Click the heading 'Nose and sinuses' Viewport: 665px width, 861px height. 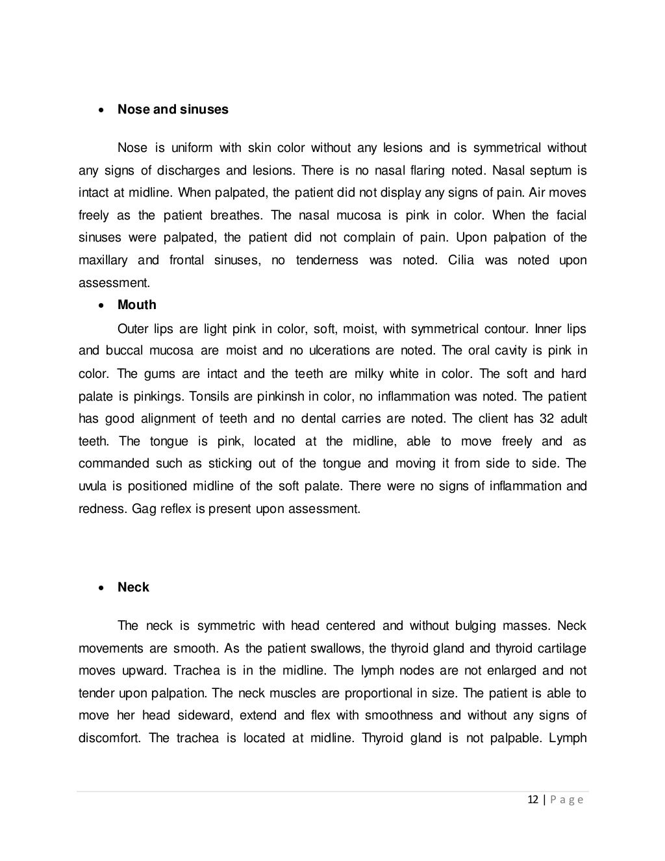coord(173,109)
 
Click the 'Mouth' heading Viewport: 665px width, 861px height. coord(136,305)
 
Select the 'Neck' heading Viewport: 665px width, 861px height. coord(133,587)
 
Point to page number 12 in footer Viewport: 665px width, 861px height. coord(533,800)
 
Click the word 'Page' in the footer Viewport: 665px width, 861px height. coord(566,800)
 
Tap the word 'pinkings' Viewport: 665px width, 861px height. coord(143,396)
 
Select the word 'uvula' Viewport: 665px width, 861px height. coord(92,486)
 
